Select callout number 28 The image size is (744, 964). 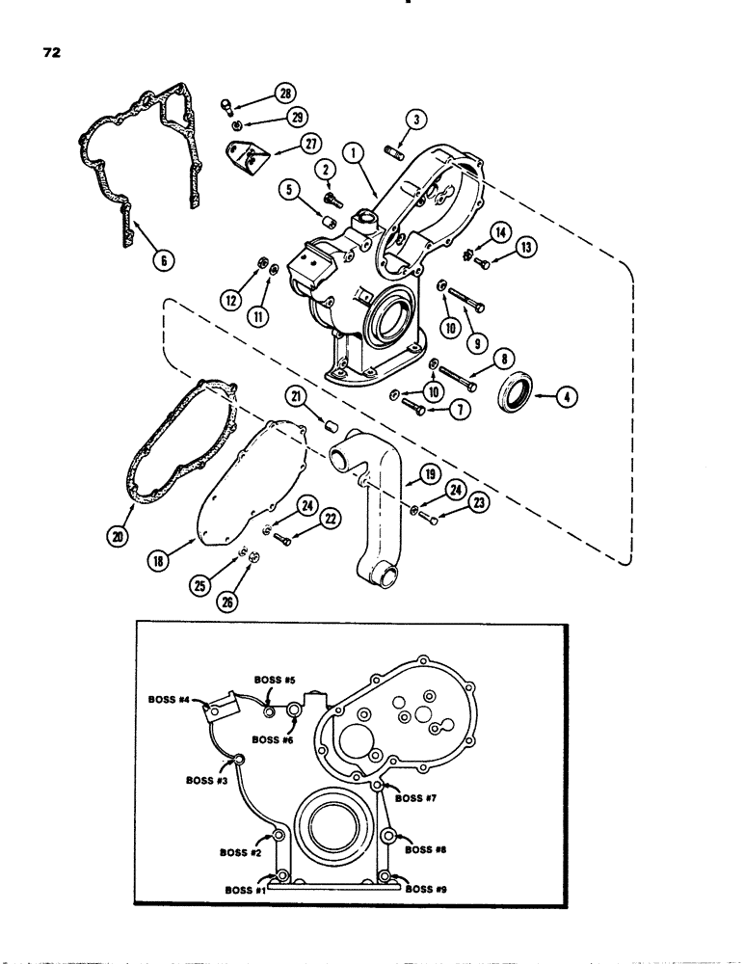click(x=285, y=94)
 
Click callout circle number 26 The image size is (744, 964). click(x=255, y=604)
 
